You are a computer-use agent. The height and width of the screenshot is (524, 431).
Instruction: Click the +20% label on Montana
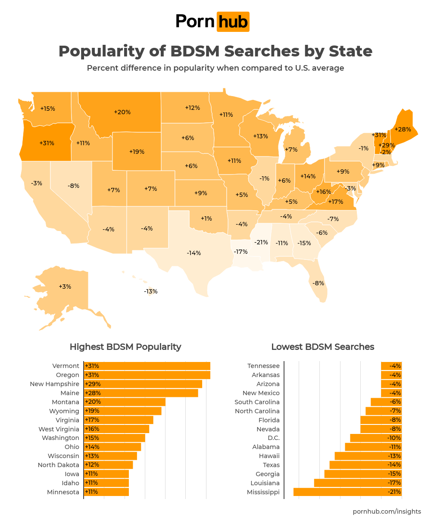(x=122, y=112)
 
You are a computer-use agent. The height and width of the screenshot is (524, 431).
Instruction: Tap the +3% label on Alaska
(x=65, y=287)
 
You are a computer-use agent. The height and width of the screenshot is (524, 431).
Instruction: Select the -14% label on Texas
(x=194, y=253)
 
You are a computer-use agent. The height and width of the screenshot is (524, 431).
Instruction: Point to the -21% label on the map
(x=261, y=242)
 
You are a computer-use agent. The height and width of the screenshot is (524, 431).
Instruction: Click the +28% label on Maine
(x=403, y=129)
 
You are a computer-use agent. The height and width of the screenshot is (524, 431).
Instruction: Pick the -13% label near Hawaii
(x=151, y=291)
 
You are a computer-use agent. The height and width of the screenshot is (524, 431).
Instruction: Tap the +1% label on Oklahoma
(x=206, y=218)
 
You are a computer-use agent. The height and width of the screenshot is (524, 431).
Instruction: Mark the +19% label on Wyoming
(x=137, y=152)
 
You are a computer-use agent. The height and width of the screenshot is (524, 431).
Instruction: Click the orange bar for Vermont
(x=147, y=366)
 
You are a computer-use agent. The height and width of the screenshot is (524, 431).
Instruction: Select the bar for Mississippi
(x=347, y=492)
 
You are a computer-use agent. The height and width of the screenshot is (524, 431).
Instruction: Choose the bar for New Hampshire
(x=143, y=384)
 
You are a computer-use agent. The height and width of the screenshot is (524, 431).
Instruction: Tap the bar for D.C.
(x=376, y=438)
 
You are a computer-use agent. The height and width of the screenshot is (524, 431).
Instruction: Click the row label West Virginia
(x=59, y=429)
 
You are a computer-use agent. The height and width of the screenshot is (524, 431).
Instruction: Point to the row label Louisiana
(x=265, y=483)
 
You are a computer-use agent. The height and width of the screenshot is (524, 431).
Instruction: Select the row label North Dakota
(x=59, y=465)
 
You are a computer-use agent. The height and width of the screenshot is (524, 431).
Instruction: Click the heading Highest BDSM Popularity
(x=125, y=347)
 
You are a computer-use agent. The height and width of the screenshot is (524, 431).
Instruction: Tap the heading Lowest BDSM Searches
(x=323, y=347)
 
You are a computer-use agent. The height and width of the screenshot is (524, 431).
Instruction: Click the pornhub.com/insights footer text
(x=387, y=512)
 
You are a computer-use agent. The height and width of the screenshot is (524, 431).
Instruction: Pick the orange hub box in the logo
(x=233, y=22)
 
